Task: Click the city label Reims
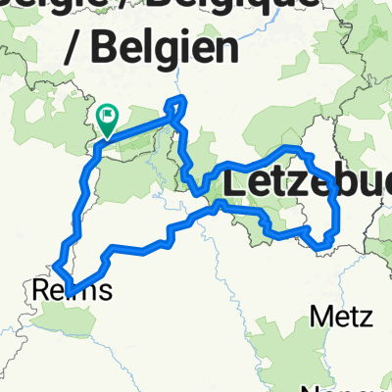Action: (72, 289)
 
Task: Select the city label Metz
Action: (340, 317)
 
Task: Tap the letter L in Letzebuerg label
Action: (236, 182)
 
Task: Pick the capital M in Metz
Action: (319, 317)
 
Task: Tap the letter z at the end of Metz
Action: (365, 318)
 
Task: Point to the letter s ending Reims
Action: (104, 291)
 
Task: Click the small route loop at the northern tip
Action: (176, 105)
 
